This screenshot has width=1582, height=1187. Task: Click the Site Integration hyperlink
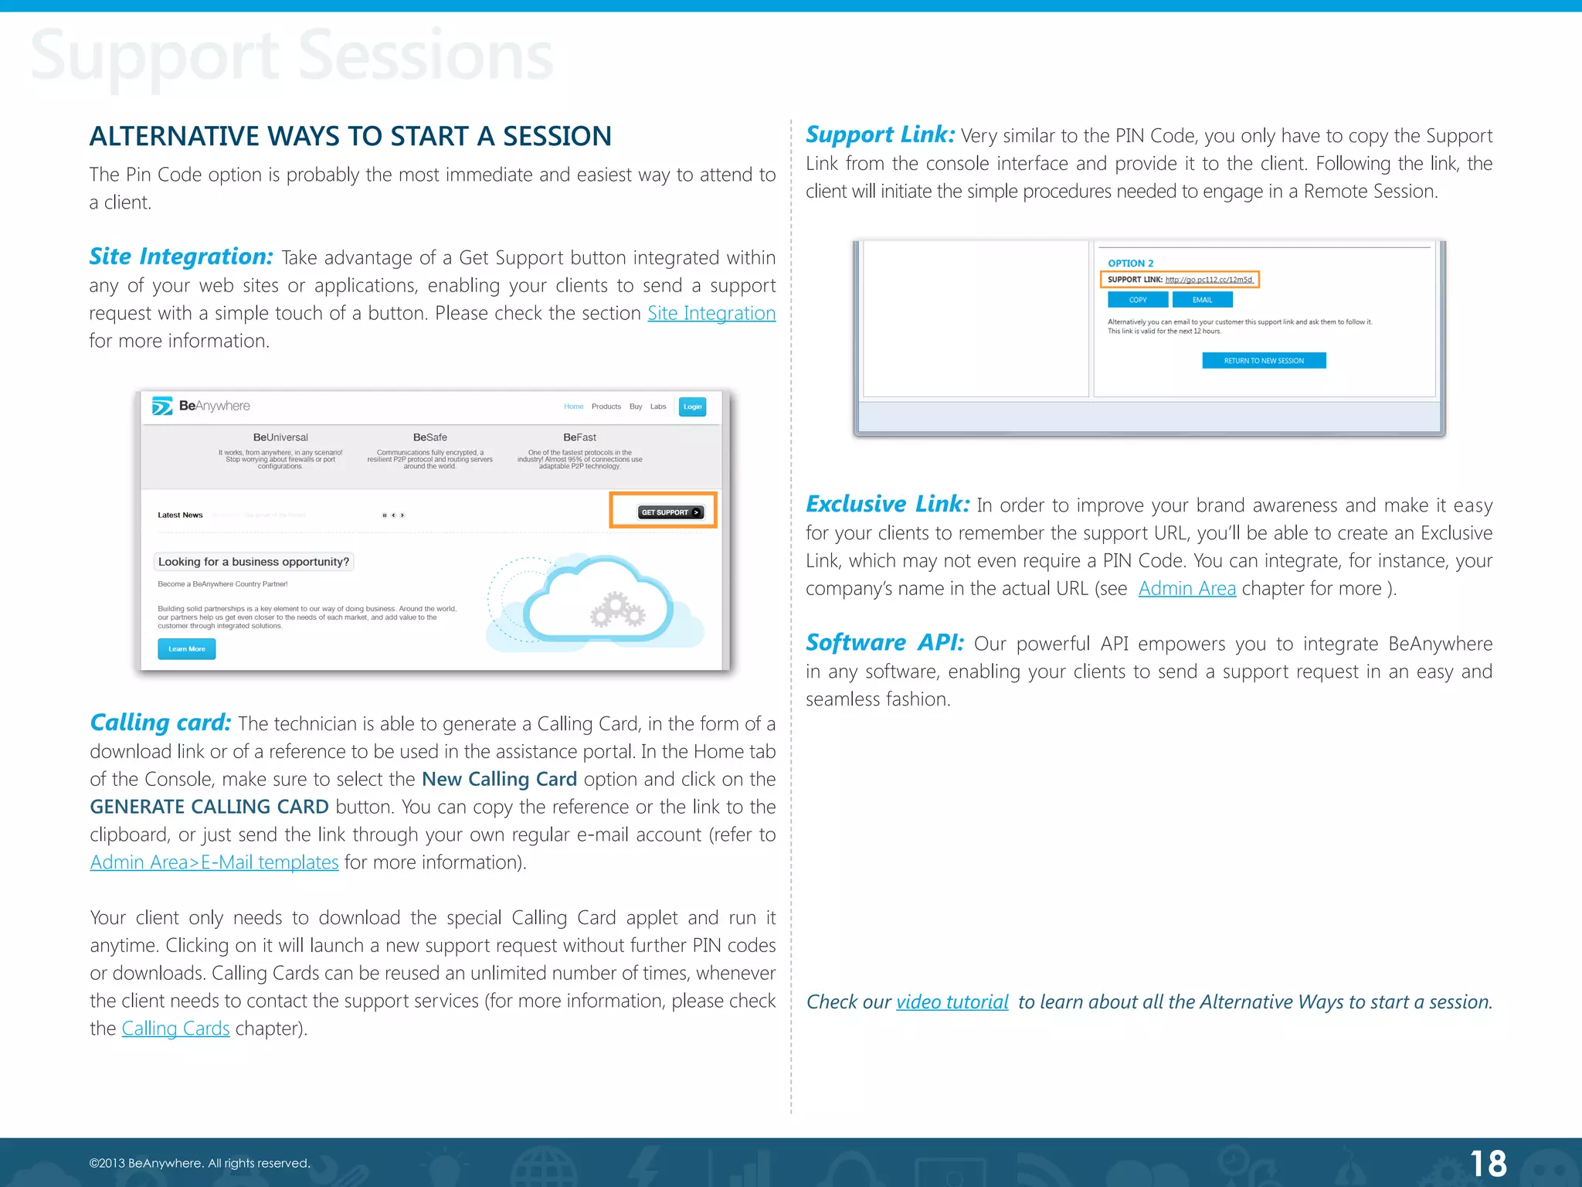pos(711,313)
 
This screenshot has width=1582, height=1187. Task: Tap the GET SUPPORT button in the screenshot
pos(670,512)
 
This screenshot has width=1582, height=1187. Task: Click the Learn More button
pos(186,649)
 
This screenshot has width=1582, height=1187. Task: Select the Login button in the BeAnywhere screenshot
pos(692,406)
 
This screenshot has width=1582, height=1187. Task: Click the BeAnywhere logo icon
pos(162,406)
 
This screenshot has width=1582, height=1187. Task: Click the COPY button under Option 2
pos(1137,300)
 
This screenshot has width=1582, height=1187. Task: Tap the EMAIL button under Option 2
pos(1202,300)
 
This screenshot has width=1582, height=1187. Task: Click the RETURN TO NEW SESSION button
pos(1264,361)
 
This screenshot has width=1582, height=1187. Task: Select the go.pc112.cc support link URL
pos(1208,280)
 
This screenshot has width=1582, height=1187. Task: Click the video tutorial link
pos(952,1002)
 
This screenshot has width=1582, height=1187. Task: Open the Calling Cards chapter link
pos(175,1029)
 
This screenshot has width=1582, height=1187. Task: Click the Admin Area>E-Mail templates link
pos(214,862)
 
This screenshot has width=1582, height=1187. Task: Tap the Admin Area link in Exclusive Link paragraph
pos(1186,589)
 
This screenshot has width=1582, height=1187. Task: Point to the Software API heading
pos(884,643)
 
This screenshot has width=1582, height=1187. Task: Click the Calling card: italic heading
pos(161,723)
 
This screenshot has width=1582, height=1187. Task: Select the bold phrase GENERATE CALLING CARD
pos(209,807)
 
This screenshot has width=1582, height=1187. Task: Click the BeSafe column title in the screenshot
pos(429,437)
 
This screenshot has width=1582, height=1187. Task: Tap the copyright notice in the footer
pos(199,1163)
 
